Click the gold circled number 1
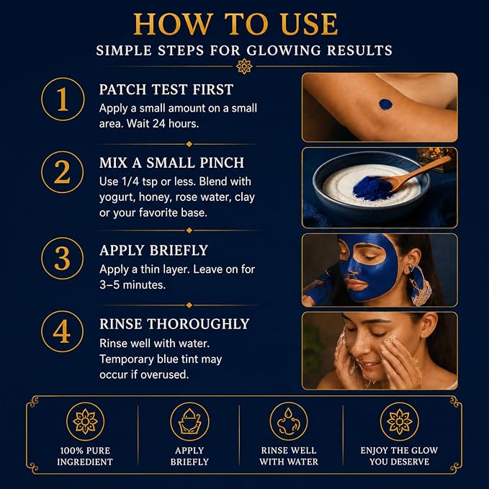coord(63,99)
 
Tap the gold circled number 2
coord(63,172)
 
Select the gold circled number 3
coord(63,259)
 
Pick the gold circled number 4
coord(63,331)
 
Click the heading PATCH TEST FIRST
coord(166,89)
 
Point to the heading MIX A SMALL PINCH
coord(171,163)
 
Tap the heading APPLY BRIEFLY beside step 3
coord(153,251)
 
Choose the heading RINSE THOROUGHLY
coord(174,324)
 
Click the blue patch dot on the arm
coord(385,104)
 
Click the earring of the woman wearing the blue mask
coord(421,284)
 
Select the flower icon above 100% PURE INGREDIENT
coord(85,421)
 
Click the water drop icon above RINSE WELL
coord(289,421)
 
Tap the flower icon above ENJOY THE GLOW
coord(400,421)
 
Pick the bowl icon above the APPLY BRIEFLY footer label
coord(189,421)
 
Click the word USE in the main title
coord(309,24)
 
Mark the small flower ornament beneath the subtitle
coord(244,66)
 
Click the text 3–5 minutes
coord(133,284)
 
